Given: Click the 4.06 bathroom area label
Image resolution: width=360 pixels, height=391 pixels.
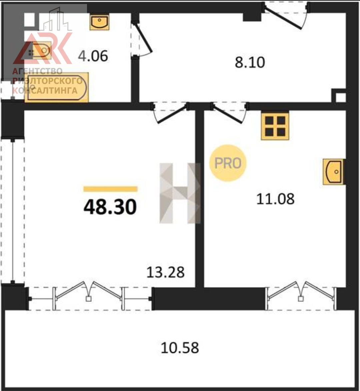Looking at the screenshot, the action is click(93, 56).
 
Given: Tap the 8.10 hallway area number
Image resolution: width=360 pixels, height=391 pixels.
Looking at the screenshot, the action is click(250, 62).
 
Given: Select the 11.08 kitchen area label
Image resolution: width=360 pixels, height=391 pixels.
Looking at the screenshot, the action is click(275, 199).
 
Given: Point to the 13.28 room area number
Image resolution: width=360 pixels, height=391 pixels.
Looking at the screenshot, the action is click(166, 272).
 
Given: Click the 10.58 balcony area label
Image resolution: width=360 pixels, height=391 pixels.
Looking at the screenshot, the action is click(180, 348).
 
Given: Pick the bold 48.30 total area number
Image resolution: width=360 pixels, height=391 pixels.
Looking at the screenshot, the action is click(110, 207).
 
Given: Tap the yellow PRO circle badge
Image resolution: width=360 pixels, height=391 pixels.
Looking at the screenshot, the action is click(228, 163).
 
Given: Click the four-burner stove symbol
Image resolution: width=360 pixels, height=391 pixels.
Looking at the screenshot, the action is click(275, 127).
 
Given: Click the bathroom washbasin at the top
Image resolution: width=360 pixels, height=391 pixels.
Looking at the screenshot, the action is click(100, 22).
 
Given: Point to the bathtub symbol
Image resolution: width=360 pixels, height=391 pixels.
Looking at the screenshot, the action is click(57, 88).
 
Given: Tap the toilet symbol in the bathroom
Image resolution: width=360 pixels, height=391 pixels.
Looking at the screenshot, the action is click(41, 51).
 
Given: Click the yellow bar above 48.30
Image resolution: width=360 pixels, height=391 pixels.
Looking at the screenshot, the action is click(110, 189).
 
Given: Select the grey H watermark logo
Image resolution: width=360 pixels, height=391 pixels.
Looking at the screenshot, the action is click(180, 193).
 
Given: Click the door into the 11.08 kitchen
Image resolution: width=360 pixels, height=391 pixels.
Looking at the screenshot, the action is click(229, 113).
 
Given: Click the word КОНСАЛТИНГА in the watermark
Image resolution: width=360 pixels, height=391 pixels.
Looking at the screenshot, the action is click(45, 91).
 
